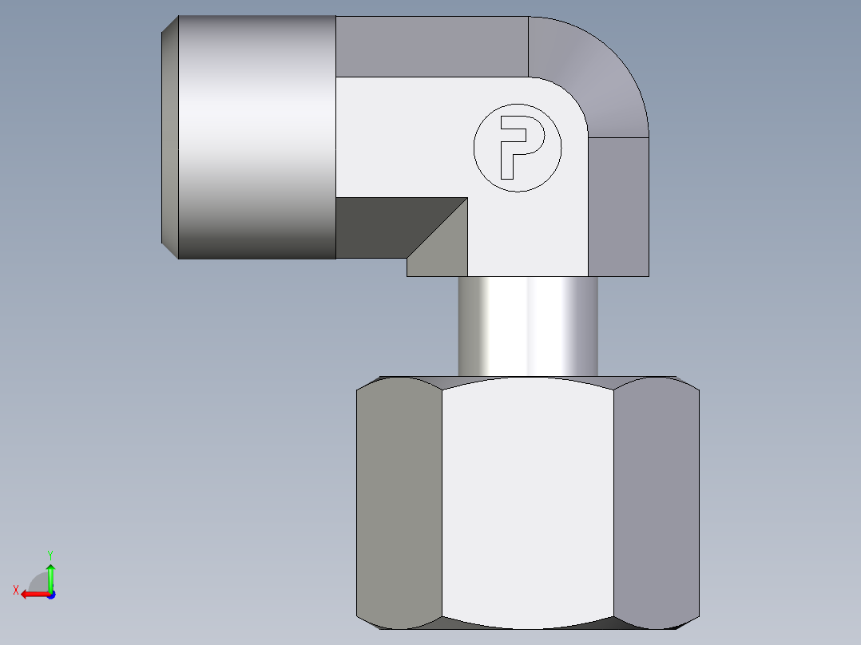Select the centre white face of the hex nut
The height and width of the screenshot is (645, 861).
[527, 499]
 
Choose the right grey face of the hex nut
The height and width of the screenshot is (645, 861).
[657, 499]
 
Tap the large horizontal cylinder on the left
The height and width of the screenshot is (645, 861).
[256, 137]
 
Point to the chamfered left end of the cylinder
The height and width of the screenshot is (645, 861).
[169, 137]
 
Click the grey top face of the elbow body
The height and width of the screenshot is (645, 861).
[431, 46]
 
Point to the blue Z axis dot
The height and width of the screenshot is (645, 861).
[50, 595]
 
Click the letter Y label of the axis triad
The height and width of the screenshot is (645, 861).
[50, 553]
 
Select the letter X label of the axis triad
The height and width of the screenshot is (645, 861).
[16, 591]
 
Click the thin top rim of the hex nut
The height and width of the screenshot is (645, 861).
[527, 377]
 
